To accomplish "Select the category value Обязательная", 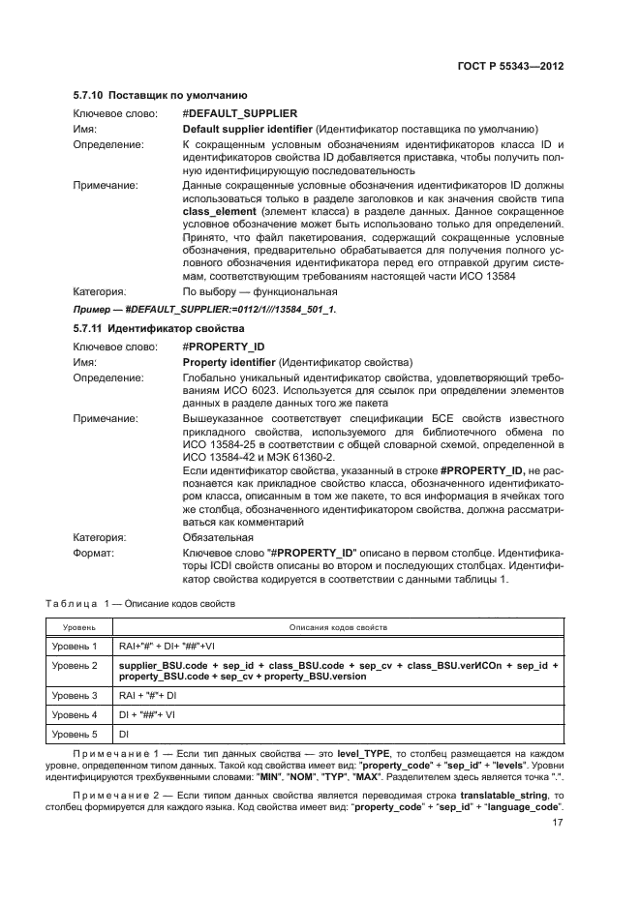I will [211, 536].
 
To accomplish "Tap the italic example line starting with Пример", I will [204, 310].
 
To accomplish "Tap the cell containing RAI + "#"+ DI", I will [148, 696].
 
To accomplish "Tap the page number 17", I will [558, 824].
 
